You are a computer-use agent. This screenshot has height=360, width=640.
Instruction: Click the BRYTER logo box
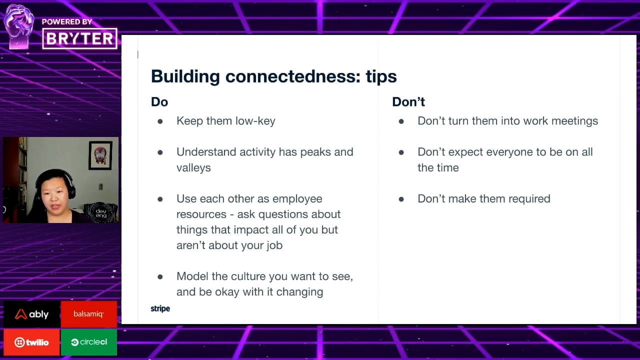click(79, 38)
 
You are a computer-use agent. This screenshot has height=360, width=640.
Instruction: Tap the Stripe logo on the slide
click(160, 309)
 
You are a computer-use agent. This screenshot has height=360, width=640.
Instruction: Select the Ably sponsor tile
click(31, 314)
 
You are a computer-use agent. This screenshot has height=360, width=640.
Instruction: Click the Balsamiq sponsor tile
click(89, 314)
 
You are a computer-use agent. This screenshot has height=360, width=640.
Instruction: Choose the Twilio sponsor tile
click(31, 342)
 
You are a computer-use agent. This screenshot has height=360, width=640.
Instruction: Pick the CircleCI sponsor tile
click(89, 342)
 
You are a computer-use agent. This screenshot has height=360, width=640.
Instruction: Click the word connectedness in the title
click(293, 76)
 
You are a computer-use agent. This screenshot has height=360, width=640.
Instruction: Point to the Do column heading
click(159, 102)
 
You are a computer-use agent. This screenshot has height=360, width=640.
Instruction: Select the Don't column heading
click(408, 102)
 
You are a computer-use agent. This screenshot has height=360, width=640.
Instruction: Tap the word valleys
click(193, 168)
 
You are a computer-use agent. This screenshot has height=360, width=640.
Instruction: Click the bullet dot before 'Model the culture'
click(160, 276)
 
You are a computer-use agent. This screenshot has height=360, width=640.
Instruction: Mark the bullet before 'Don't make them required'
click(401, 199)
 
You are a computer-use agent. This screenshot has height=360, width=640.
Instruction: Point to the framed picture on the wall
click(100, 155)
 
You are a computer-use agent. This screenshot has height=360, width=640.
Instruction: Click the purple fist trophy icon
click(19, 26)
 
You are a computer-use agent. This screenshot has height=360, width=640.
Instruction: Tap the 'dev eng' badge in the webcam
click(101, 213)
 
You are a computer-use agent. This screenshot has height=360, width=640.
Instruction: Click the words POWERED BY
click(67, 22)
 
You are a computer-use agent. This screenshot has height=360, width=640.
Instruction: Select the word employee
click(297, 199)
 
